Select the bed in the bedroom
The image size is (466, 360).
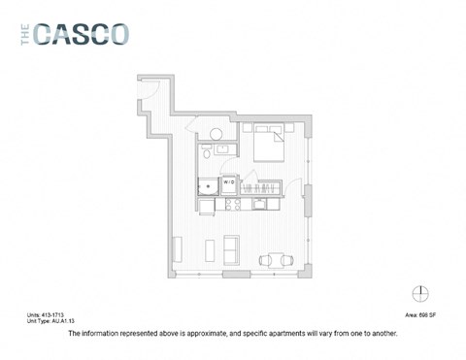click(268, 148)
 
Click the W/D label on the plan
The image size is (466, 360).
click(229, 180)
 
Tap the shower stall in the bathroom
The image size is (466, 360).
click(208, 185)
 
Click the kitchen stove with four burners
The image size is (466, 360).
click(233, 205)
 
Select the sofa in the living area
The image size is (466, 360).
click(231, 250)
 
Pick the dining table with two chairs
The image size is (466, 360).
click(275, 259)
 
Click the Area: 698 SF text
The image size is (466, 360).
click(420, 315)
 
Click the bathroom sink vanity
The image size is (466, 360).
click(222, 149)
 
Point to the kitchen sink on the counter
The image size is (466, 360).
click(262, 205)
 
